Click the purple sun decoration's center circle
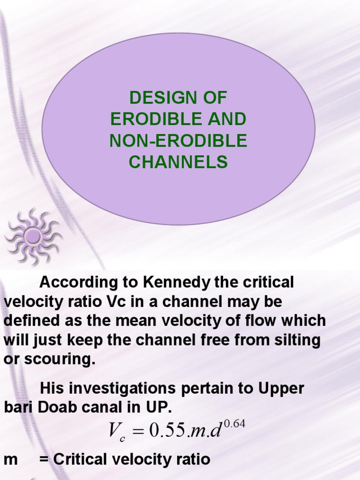click(33, 236)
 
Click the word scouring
click(58, 360)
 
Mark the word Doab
click(58, 407)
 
